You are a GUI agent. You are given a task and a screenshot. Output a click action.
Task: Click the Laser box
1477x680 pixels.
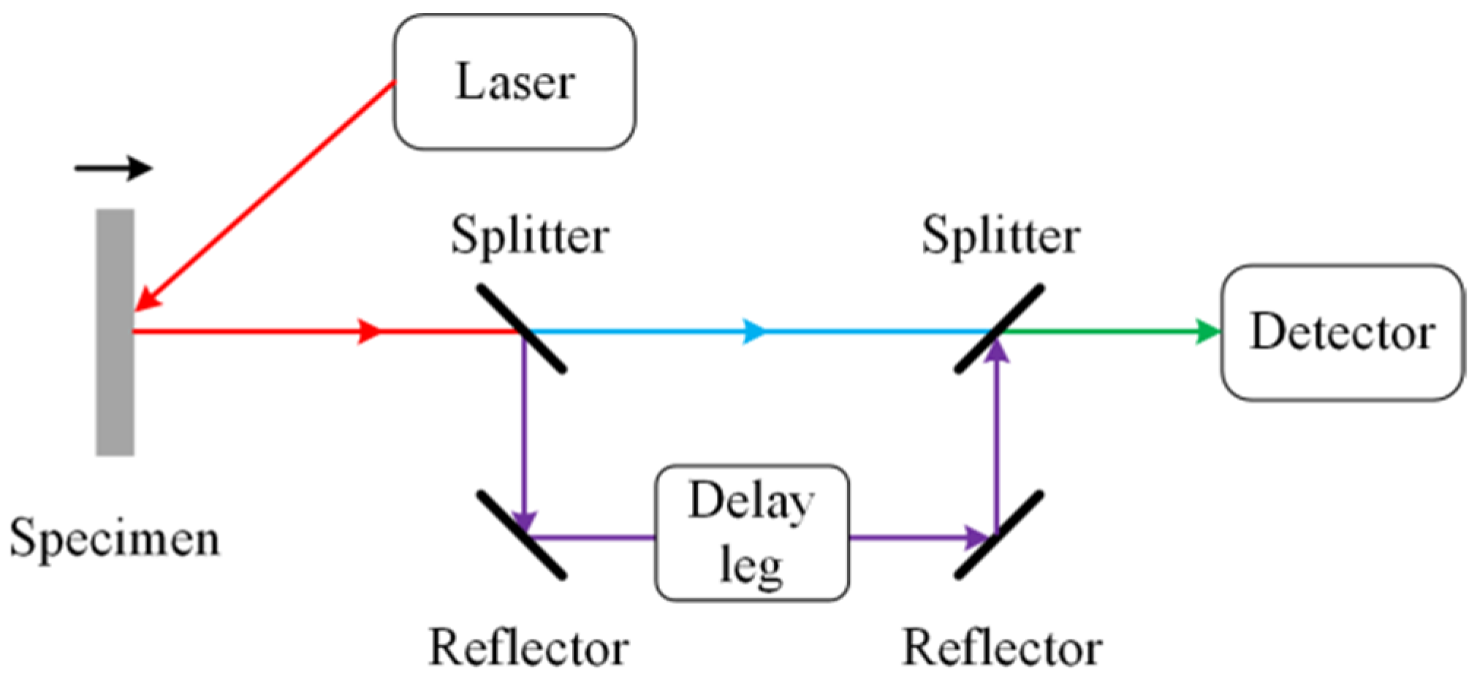(514, 82)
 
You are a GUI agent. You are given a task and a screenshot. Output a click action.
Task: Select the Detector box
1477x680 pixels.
(1342, 332)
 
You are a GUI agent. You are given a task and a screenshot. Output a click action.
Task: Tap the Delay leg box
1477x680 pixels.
(751, 532)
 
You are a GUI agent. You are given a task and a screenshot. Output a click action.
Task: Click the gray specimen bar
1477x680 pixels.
(115, 332)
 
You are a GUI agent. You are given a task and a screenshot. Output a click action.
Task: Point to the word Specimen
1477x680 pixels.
(114, 538)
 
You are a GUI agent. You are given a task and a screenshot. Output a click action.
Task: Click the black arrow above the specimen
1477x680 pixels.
(113, 168)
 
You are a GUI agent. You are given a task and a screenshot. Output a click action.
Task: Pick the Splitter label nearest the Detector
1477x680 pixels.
(1000, 235)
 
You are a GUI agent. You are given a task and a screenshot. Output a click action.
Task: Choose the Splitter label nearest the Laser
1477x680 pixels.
(529, 235)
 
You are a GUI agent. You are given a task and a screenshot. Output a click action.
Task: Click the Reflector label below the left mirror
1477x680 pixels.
(528, 647)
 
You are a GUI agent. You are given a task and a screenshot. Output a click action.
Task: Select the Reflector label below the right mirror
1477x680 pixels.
(1001, 647)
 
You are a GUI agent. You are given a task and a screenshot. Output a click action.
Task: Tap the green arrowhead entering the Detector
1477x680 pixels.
(1208, 332)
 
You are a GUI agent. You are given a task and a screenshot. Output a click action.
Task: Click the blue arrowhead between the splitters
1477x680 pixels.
(754, 331)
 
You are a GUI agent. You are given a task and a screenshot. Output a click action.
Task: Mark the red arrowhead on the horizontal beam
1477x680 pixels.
(369, 331)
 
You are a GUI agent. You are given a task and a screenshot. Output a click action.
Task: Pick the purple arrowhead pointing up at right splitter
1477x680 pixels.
(997, 352)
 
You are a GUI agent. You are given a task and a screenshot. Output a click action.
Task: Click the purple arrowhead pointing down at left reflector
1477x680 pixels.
(524, 520)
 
